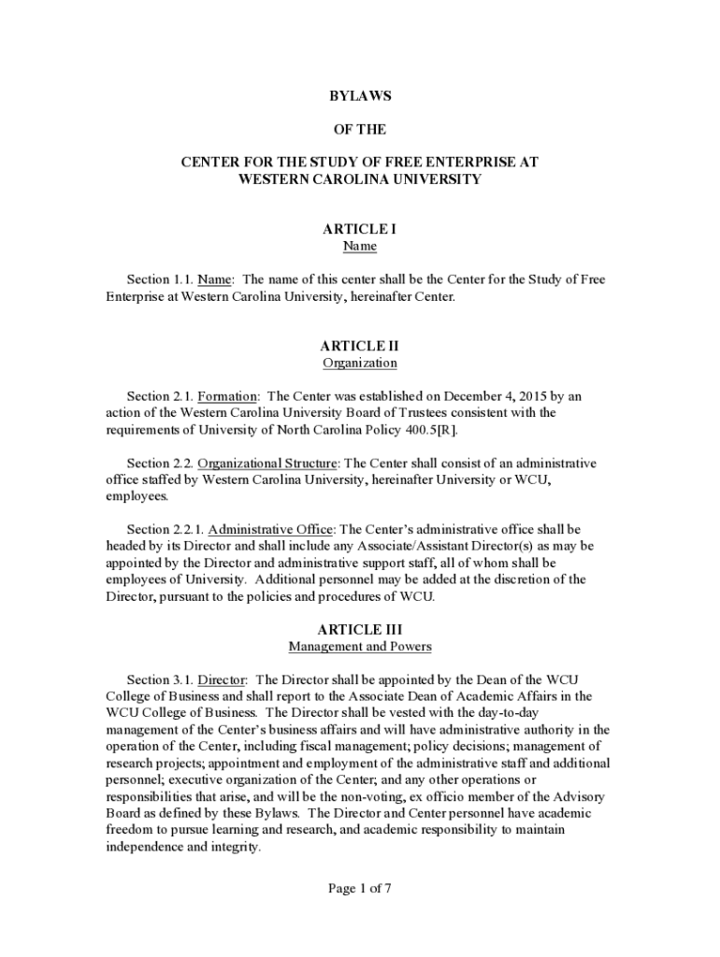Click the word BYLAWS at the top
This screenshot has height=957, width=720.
[359, 96]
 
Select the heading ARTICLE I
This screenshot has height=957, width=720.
[359, 228]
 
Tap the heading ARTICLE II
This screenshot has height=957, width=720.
[359, 345]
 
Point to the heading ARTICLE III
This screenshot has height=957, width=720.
[359, 629]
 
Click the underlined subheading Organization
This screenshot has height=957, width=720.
[359, 363]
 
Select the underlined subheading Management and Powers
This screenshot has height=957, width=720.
[359, 646]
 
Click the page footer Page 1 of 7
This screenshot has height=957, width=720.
[359, 889]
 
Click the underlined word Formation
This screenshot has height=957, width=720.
[227, 395]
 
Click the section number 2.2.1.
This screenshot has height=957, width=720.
[189, 529]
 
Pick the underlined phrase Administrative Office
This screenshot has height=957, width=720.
[270, 529]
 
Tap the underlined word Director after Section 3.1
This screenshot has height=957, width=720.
[222, 678]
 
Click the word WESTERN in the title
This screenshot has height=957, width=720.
[273, 179]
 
